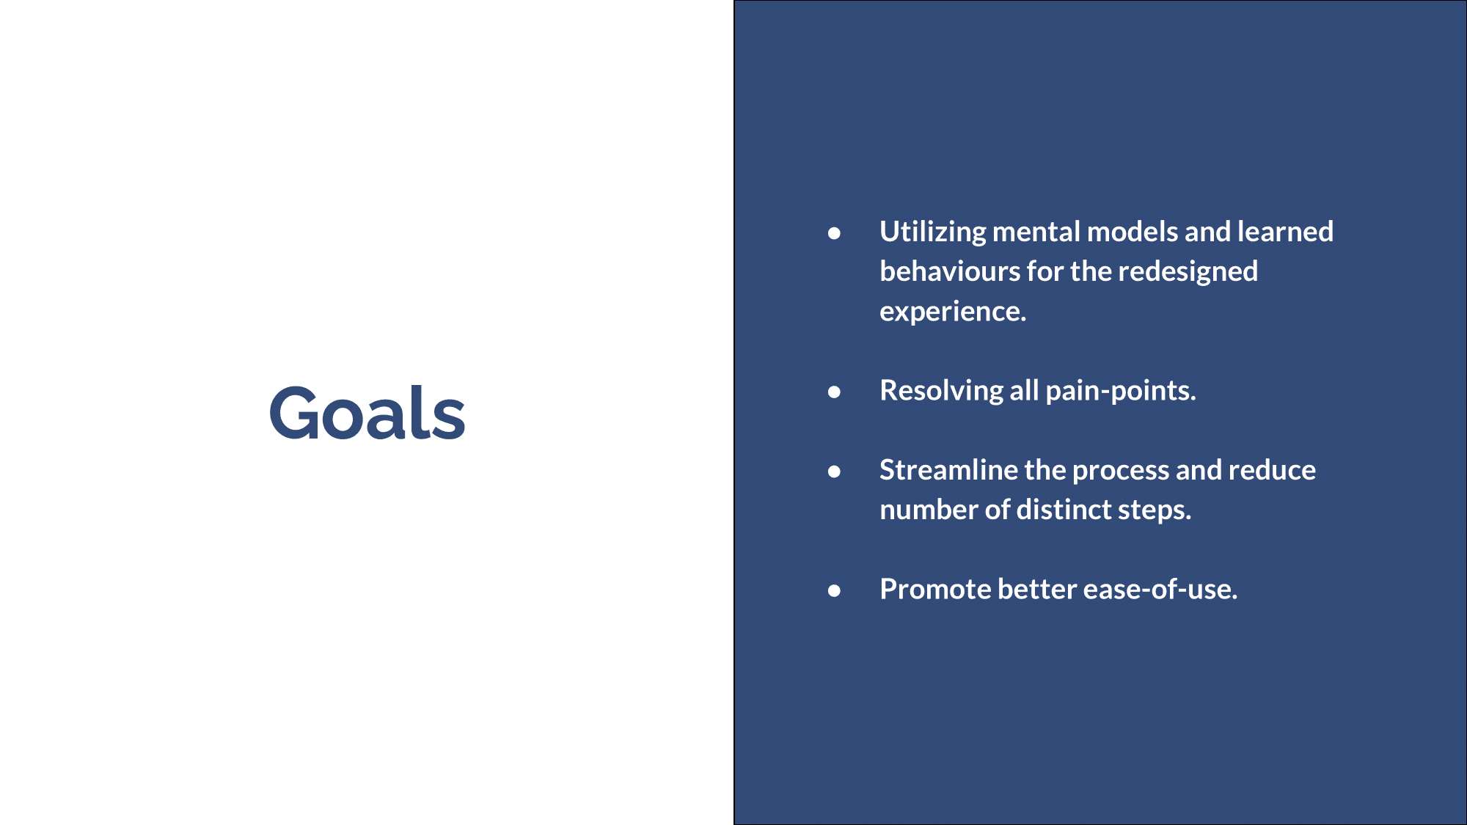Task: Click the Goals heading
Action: tap(367, 413)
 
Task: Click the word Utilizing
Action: tap(933, 232)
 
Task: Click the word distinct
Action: tap(1064, 510)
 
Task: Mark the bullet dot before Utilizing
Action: tap(834, 233)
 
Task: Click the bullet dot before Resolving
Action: tap(834, 392)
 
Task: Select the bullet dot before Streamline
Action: tap(834, 472)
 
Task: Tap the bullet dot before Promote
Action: tap(834, 590)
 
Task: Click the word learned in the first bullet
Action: tap(1285, 232)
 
